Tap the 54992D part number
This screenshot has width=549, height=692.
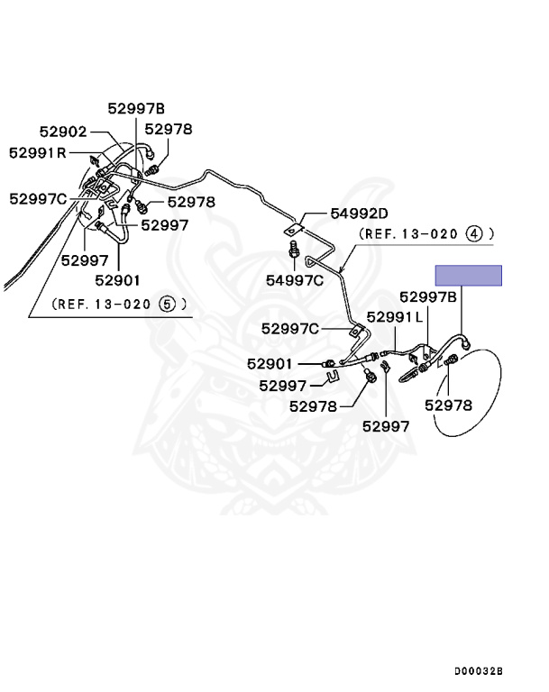[x=358, y=214]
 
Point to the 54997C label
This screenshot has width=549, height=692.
[x=294, y=280]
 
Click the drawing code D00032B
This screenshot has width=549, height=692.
[x=478, y=671]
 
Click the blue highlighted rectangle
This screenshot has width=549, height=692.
[x=469, y=276]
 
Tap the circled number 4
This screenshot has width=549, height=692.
[x=475, y=233]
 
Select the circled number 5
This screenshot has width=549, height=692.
[x=166, y=304]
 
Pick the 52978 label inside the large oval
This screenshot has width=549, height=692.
[x=448, y=405]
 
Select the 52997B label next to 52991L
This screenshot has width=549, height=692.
[x=428, y=296]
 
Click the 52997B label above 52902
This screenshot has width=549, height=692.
[x=137, y=108]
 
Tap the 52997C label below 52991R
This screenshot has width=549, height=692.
[x=38, y=198]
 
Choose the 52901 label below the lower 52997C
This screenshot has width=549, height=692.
[x=270, y=364]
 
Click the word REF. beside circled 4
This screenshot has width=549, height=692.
[x=375, y=233]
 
